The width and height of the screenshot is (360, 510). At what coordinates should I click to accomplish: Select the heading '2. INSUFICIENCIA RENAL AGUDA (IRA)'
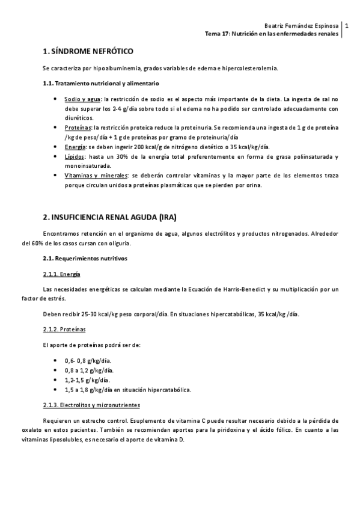point(110,217)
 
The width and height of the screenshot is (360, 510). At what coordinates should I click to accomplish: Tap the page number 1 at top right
point(347,26)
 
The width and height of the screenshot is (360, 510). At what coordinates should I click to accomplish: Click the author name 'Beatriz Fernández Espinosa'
point(302,26)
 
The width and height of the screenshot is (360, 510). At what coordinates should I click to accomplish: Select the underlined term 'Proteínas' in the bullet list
point(78,128)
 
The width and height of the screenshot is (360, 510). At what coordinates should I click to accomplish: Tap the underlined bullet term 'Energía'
point(75,147)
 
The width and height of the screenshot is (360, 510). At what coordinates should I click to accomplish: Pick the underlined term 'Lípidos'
point(75,157)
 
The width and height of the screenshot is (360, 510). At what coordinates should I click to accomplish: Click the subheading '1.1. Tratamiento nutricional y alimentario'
point(101,83)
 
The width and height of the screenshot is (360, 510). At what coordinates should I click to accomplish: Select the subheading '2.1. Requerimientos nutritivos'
point(85,259)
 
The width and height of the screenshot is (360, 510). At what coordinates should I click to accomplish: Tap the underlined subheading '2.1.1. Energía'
point(62,274)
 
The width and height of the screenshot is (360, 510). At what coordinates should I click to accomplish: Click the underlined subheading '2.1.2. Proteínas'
point(64,330)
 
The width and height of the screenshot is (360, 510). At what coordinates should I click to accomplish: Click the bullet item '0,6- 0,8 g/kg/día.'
point(88,360)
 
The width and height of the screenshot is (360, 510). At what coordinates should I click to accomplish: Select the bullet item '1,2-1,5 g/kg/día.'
point(87,380)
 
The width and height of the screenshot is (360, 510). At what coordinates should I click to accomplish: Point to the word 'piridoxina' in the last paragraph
point(255,431)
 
